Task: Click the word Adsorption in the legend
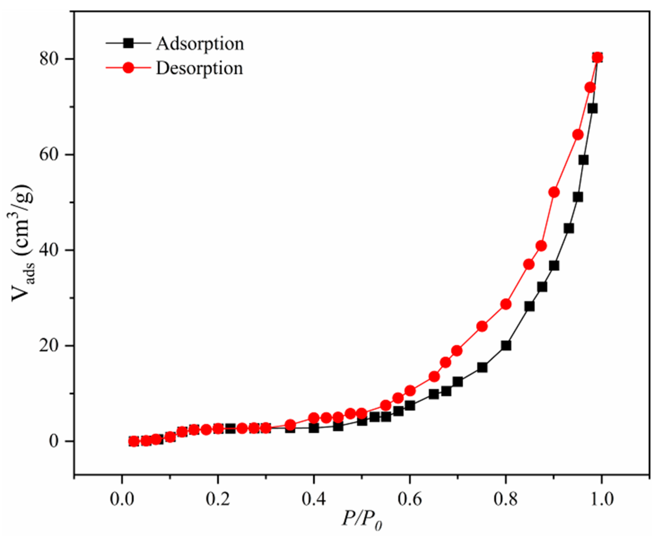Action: pyautogui.click(x=199, y=44)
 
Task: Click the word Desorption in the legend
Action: pyautogui.click(x=199, y=68)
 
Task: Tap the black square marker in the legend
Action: pyautogui.click(x=129, y=43)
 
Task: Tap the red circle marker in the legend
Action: pyautogui.click(x=129, y=68)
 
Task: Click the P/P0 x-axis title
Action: pyautogui.click(x=362, y=520)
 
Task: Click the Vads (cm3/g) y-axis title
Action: pyautogui.click(x=23, y=243)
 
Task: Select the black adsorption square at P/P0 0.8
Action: pyautogui.click(x=506, y=345)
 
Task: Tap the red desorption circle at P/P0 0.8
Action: pyautogui.click(x=506, y=304)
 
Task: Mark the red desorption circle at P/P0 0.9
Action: pyautogui.click(x=554, y=192)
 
